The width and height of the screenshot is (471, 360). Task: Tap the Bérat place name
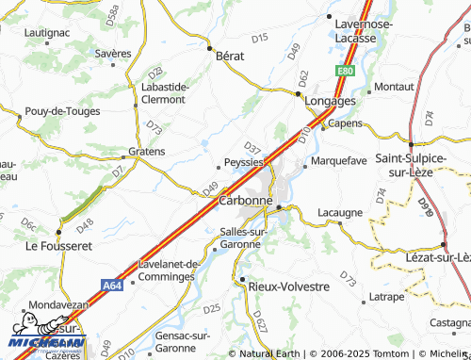coord(231,56)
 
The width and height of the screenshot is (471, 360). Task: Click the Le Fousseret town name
coord(58,246)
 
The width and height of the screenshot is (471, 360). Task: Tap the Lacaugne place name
coord(340,213)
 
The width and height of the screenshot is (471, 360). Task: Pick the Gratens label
coord(146,151)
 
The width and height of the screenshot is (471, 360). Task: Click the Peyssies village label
coord(243,161)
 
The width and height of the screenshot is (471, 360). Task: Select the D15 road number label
coord(261,38)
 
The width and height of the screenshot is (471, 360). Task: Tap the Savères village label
coord(113,54)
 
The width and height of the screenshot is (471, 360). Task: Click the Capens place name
coord(345,123)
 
